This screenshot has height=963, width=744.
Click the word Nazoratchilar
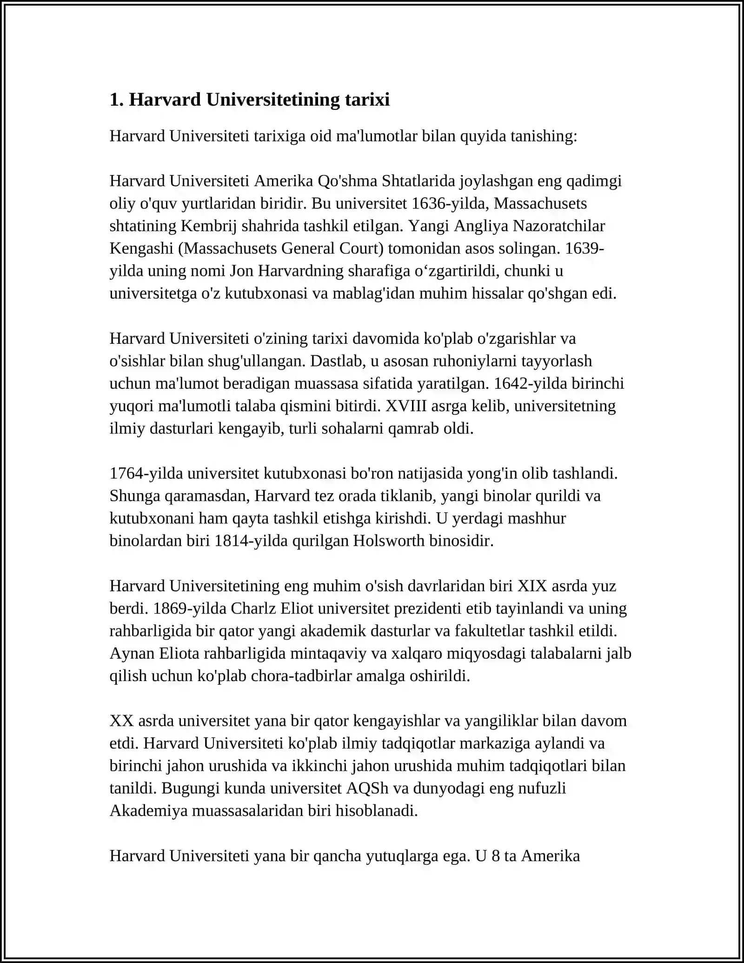click(x=559, y=226)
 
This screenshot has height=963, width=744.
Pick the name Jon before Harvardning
click(x=242, y=271)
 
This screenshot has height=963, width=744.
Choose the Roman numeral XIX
click(x=532, y=586)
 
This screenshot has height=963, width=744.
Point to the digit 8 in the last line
click(x=496, y=856)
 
